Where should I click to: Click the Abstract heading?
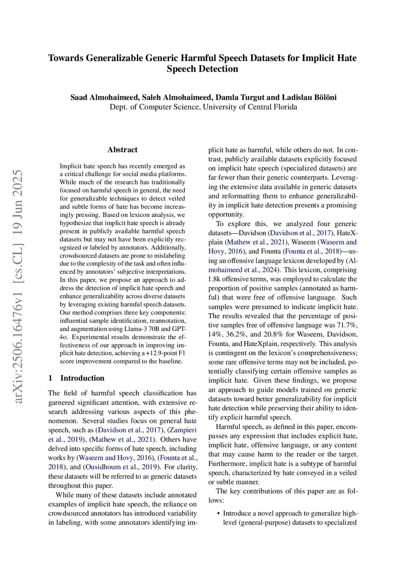(x=122, y=150)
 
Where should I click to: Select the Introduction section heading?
(x=82, y=378)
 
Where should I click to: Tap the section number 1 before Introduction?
(x=50, y=378)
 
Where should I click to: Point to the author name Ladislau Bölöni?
(x=309, y=97)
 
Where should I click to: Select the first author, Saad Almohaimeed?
(x=104, y=97)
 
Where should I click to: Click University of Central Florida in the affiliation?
(x=250, y=107)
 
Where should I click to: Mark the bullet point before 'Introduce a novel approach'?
(x=219, y=514)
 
